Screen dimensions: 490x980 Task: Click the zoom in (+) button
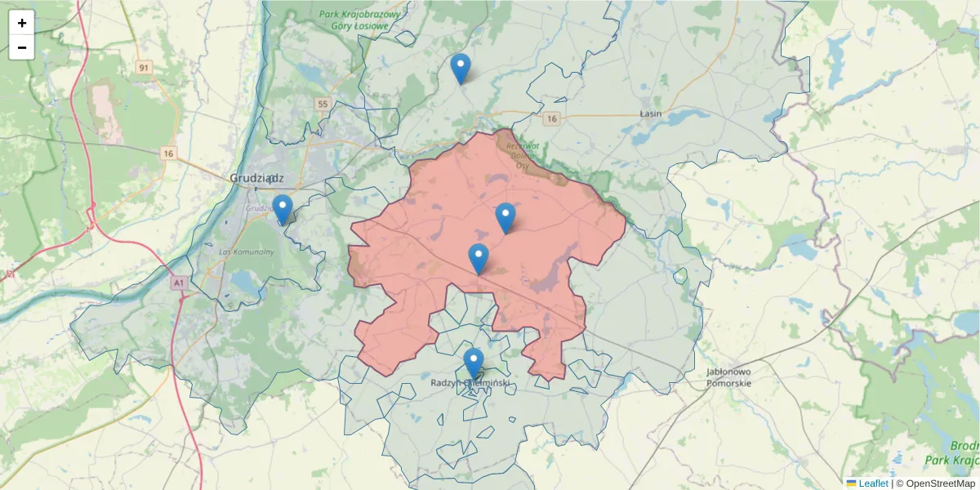[22, 23]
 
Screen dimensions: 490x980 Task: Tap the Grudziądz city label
[256, 177]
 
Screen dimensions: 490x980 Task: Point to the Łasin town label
[651, 113]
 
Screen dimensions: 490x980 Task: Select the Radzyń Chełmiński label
[470, 381]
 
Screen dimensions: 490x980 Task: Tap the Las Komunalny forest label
[247, 252]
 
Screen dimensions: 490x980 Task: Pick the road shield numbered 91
[145, 68]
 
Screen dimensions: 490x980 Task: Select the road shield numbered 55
[323, 104]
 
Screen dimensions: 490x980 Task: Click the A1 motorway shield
[179, 283]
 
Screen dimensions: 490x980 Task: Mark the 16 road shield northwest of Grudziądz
[169, 154]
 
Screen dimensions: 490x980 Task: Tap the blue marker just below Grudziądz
[283, 209]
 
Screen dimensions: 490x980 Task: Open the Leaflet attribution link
[873, 483]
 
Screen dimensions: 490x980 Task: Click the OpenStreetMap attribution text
[941, 483]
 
